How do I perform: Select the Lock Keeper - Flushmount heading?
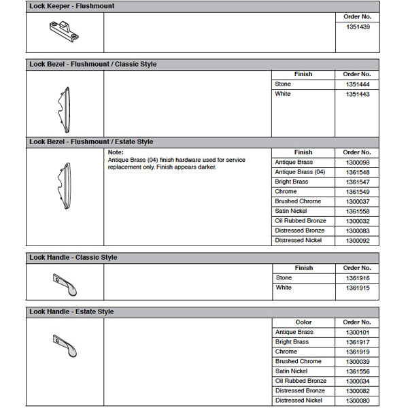pos(71,6)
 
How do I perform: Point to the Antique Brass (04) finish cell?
pos(300,172)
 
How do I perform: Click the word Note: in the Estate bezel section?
pos(116,152)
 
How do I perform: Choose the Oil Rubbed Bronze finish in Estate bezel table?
pos(301,221)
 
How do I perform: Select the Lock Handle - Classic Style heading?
pos(73,258)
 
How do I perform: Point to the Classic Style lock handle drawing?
pos(65,284)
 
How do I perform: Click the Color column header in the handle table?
pos(303,322)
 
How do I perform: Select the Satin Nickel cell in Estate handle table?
pos(291,371)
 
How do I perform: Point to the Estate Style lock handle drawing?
pos(65,345)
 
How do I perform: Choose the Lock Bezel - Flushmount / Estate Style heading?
pos(91,142)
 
